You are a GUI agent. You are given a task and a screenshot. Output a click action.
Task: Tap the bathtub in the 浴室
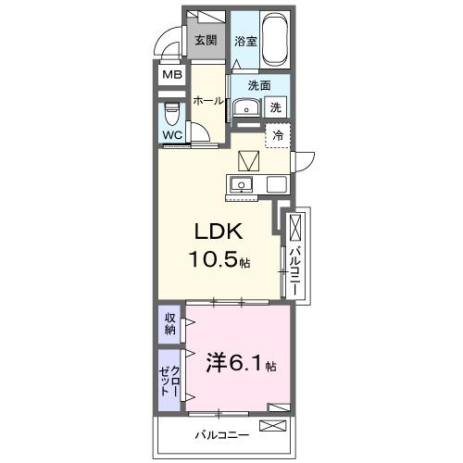coord(276,39)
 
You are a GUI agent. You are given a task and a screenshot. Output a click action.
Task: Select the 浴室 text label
coord(244,41)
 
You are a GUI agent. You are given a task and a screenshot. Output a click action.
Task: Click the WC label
coord(172,135)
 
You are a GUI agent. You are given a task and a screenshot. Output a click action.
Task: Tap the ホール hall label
coord(207,101)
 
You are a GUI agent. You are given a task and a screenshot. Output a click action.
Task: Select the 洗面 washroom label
coord(258,85)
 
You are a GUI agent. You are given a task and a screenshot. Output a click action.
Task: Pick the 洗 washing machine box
coord(276,107)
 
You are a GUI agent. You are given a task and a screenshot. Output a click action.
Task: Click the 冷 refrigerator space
coord(277,135)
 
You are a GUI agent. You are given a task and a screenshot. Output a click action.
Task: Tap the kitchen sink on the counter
coord(242,183)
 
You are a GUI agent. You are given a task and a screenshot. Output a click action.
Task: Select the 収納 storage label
coord(169,324)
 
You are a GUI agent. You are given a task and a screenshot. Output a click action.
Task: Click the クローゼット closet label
coord(169,380)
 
